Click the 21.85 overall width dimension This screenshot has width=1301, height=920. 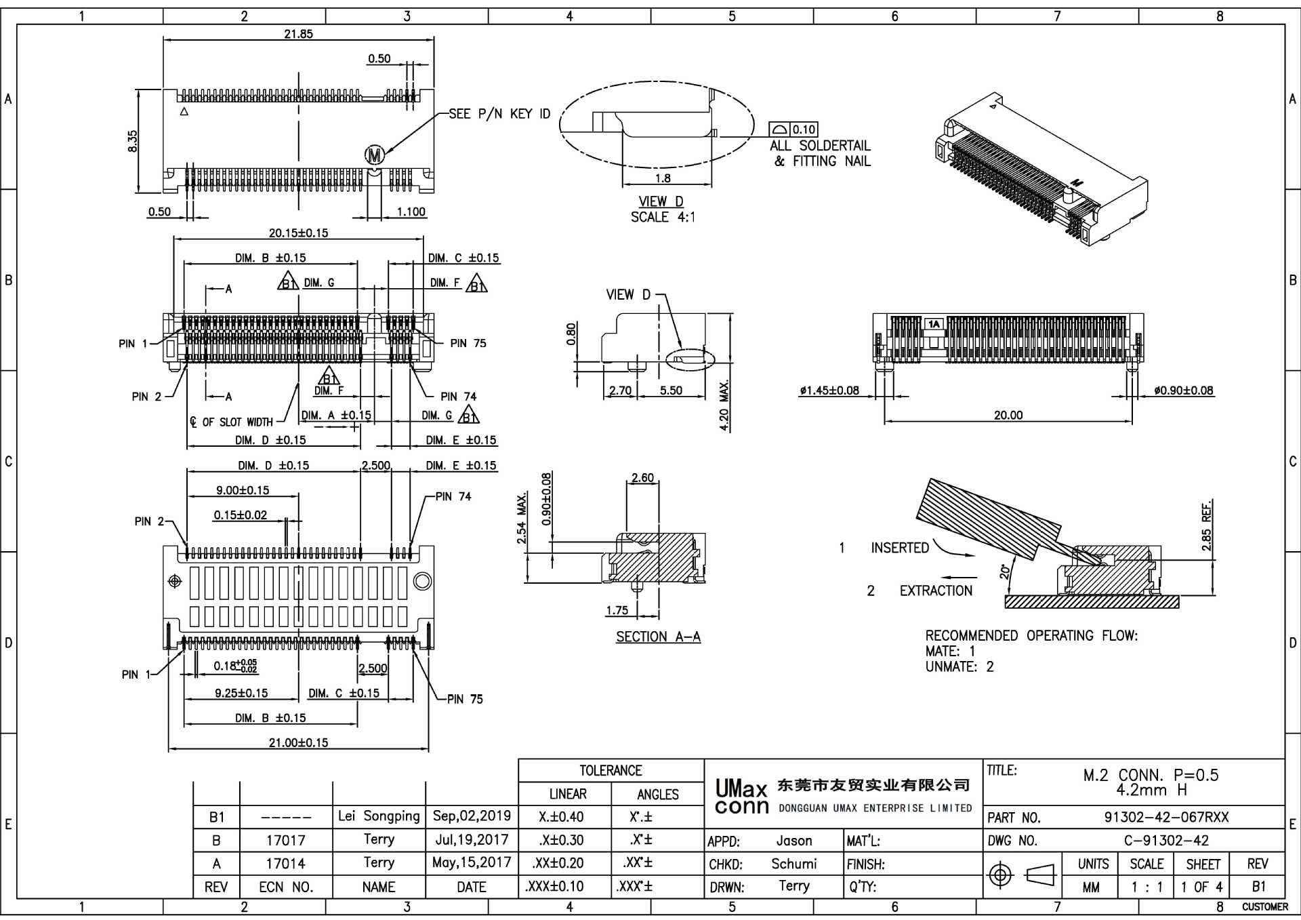point(298,34)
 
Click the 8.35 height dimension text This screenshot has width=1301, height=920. point(133,141)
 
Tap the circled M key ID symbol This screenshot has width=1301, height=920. point(375,155)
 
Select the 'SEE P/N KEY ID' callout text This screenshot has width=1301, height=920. point(499,114)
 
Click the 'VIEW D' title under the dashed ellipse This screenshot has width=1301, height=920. point(661,201)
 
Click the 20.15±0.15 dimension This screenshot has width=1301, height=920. point(298,233)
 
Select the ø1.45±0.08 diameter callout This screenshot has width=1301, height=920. point(829,391)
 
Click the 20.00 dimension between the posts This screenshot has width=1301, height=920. point(1008,415)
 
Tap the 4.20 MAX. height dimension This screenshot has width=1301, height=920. point(724,405)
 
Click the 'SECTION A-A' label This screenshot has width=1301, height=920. point(658,637)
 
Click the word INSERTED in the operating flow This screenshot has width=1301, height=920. point(899,548)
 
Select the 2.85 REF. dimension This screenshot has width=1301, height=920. point(1207,525)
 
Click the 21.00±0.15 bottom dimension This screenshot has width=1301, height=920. point(298,742)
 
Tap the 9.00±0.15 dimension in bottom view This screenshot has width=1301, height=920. point(243,490)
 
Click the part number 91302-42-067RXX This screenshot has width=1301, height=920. point(1166,817)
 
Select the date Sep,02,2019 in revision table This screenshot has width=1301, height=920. point(472,816)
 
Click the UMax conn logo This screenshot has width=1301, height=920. point(742,797)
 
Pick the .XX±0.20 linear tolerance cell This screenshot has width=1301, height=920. point(564,863)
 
